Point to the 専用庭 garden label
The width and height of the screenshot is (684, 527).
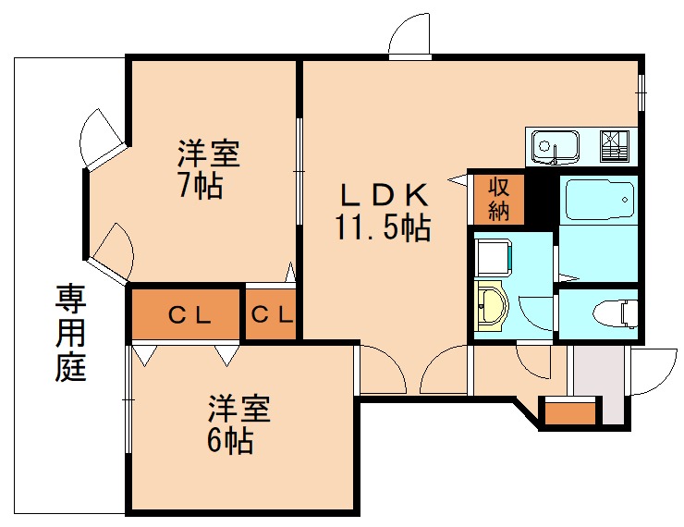point(69,333)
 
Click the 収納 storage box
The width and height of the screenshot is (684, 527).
point(499,198)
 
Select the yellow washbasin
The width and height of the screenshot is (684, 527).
point(490,306)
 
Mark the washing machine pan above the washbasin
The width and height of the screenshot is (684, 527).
point(492,253)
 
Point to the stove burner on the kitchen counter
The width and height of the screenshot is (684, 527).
point(613,145)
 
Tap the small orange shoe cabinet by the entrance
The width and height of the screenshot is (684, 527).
point(568,412)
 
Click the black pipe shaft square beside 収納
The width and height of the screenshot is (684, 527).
point(543,198)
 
